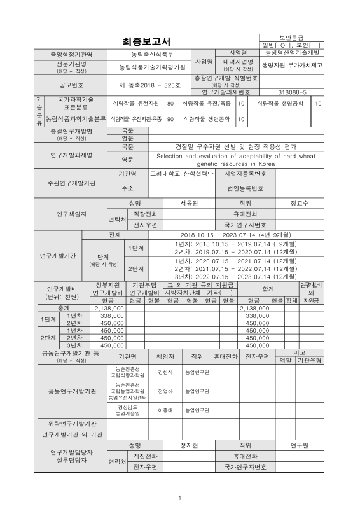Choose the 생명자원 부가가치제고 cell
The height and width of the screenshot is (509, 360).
(x=293, y=65)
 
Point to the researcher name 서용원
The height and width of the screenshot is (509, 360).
(x=189, y=203)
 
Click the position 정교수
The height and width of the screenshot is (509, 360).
(x=299, y=203)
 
